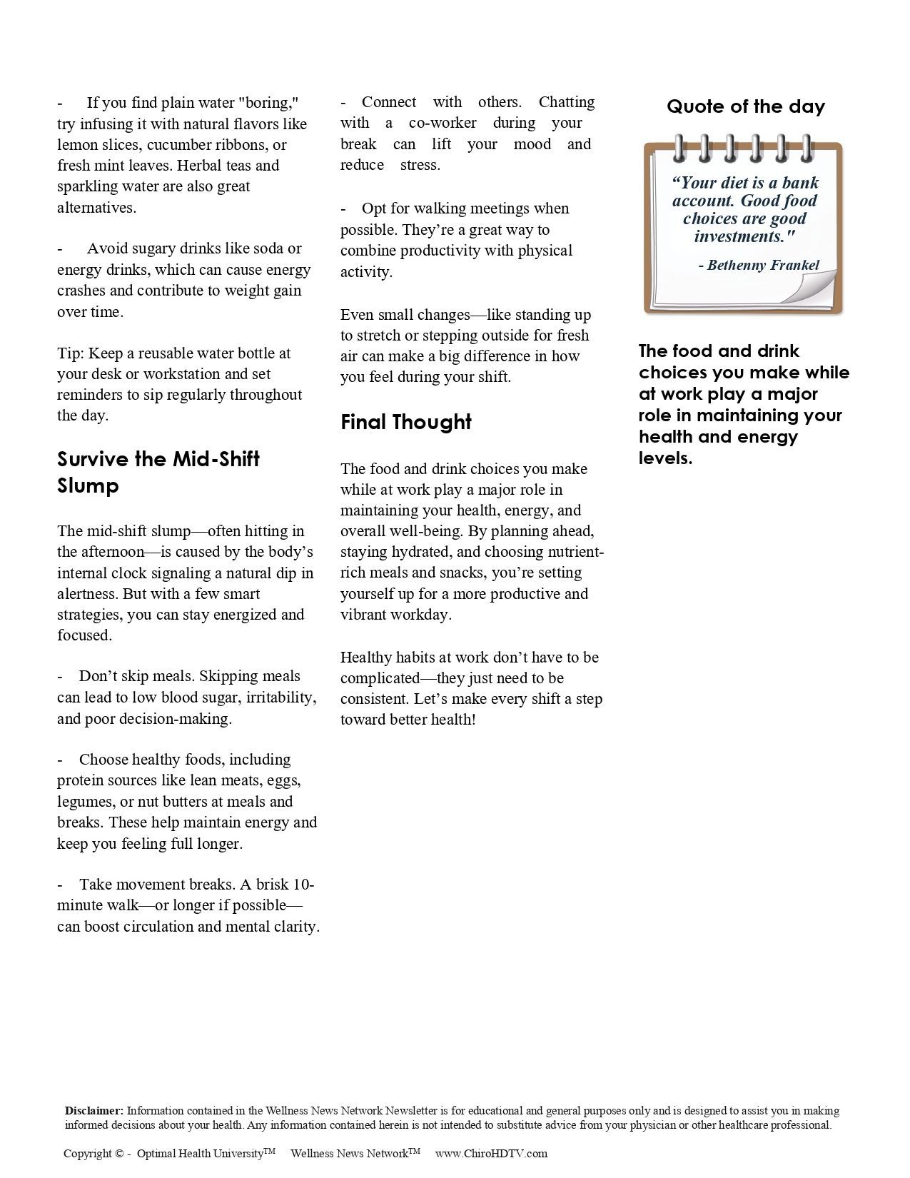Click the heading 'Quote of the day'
point(745,107)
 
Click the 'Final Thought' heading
point(405,422)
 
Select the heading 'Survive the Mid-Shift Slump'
point(158,472)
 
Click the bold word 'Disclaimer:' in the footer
point(93,1111)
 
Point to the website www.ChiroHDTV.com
point(491,1153)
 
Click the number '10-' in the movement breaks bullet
point(303,885)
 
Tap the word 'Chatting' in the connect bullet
point(566,102)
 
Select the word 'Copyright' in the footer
point(88,1153)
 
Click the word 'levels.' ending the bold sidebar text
point(665,458)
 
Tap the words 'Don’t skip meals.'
point(136,676)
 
